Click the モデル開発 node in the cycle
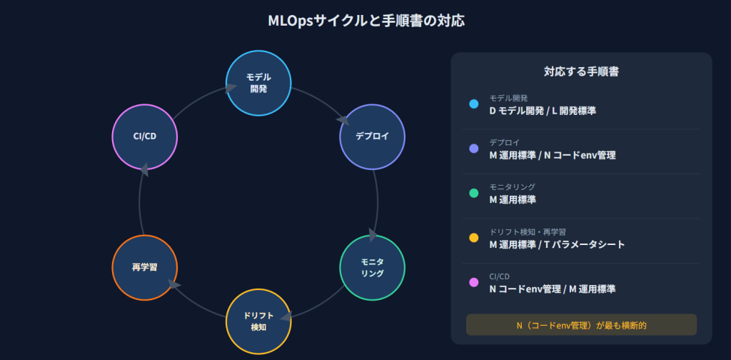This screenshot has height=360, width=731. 258,83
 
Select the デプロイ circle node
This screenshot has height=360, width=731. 372,136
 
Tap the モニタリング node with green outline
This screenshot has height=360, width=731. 372,268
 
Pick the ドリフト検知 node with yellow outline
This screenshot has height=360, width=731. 258,321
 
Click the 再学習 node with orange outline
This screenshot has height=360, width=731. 145,268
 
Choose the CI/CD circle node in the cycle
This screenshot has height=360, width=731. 145,136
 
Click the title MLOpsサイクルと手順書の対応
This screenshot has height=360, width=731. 365,21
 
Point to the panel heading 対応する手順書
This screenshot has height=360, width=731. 581,71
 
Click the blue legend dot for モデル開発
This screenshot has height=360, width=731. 473,104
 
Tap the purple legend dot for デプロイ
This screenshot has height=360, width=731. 473,149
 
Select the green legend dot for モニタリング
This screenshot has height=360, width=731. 473,193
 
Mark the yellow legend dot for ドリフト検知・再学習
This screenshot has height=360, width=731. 473,238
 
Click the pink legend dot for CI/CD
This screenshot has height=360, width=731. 473,282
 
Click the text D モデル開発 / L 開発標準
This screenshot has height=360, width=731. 543,111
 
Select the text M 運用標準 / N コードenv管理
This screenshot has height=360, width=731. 552,155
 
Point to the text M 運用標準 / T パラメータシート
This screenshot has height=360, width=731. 557,244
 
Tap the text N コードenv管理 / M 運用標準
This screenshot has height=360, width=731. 552,289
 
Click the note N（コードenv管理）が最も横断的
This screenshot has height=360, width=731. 581,325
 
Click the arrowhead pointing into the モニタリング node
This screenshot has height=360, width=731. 373,234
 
